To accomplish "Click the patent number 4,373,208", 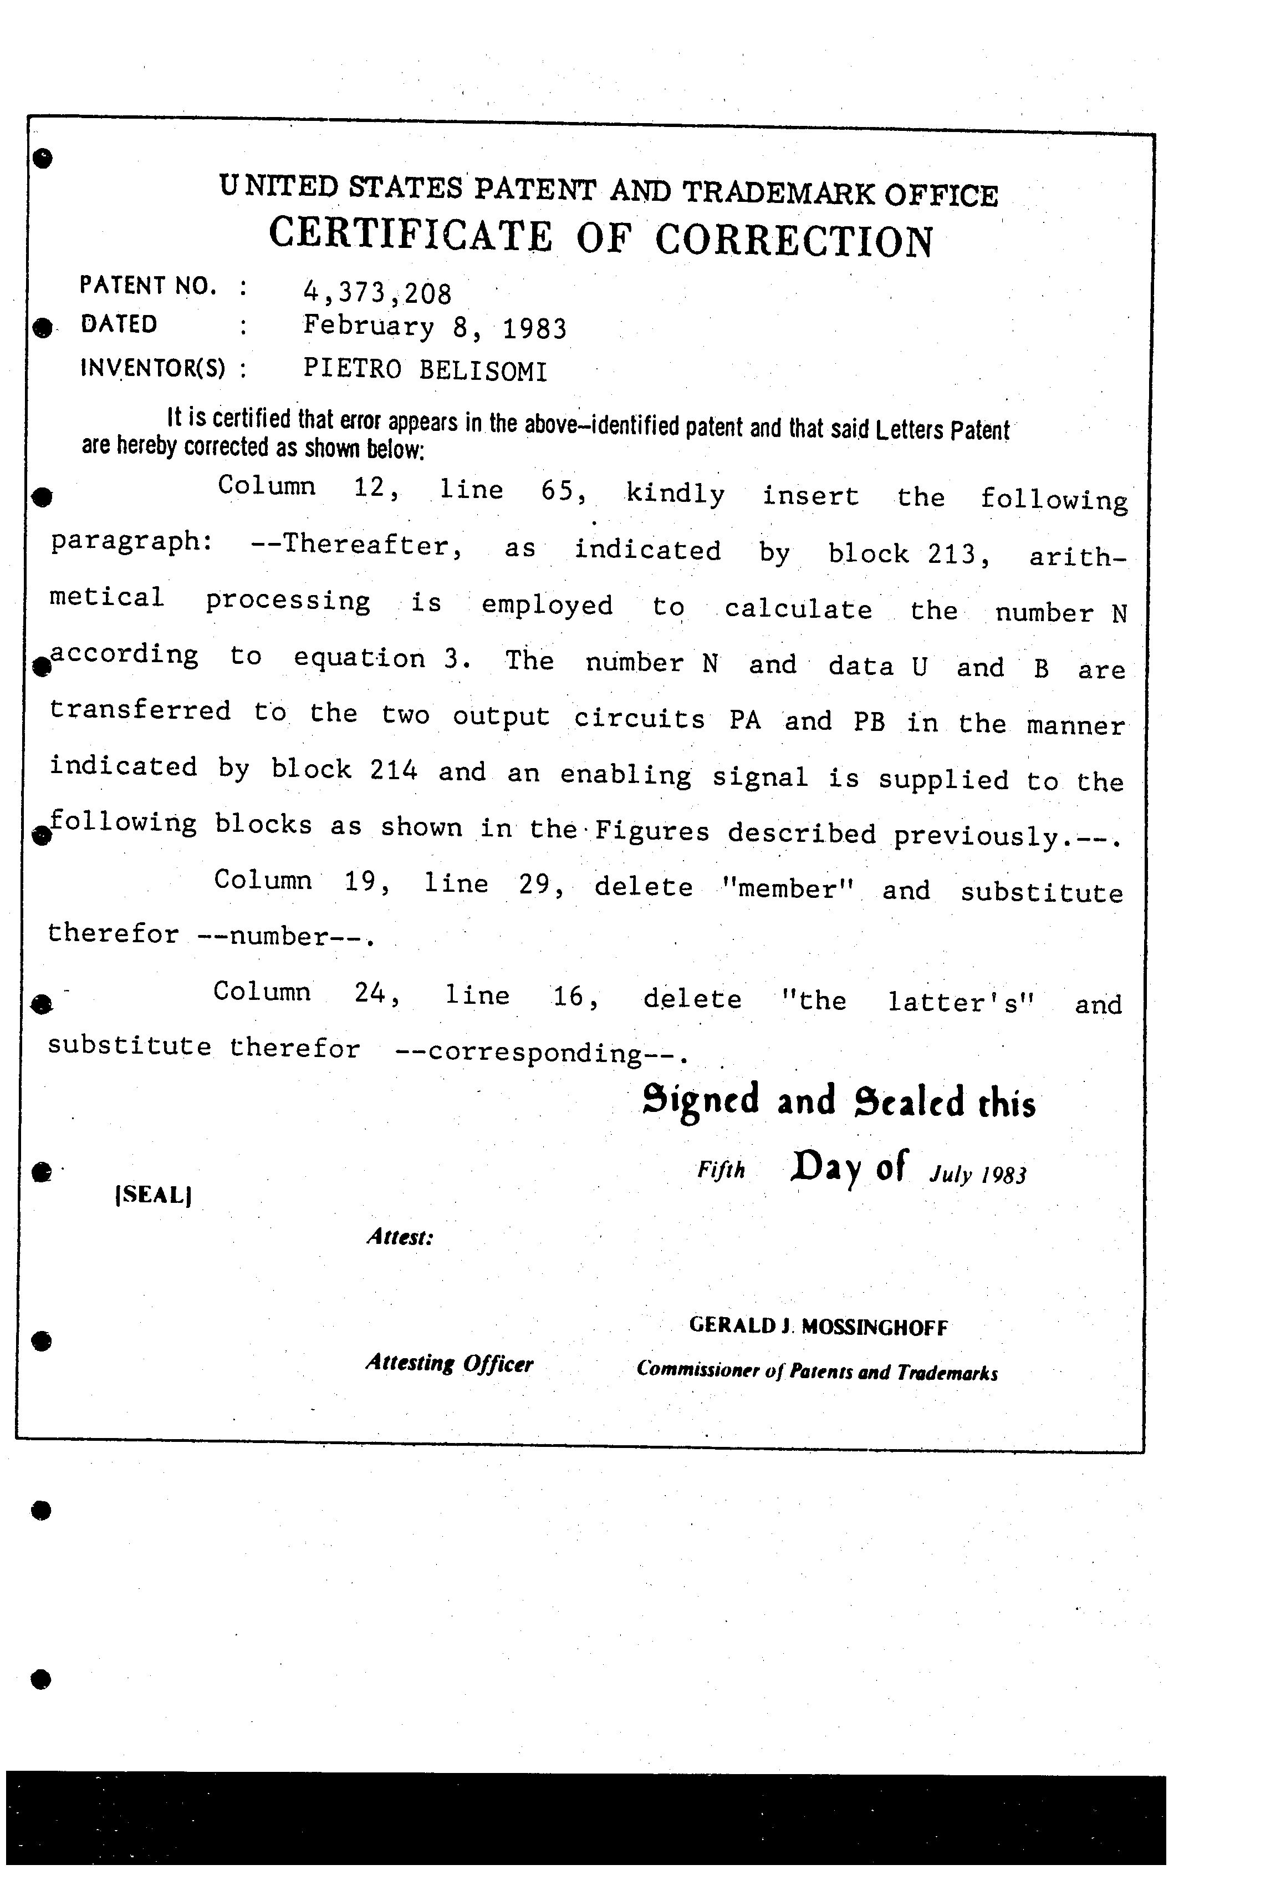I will pos(376,291).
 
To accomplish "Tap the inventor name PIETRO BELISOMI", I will pos(425,370).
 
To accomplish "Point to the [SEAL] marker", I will pos(154,1195).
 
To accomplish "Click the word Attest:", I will pos(399,1237).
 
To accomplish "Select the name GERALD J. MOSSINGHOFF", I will pos(818,1327).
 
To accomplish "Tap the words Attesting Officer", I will pos(449,1363).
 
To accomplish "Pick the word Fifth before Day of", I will pos(721,1170).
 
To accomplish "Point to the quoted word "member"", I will pos(787,888).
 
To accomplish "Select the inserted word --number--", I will pos(284,936).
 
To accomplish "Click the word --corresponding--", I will pos(540,1053).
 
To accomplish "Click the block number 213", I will pos(957,554).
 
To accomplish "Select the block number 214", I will pos(394,769).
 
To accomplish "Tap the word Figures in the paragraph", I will pos(652,831).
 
